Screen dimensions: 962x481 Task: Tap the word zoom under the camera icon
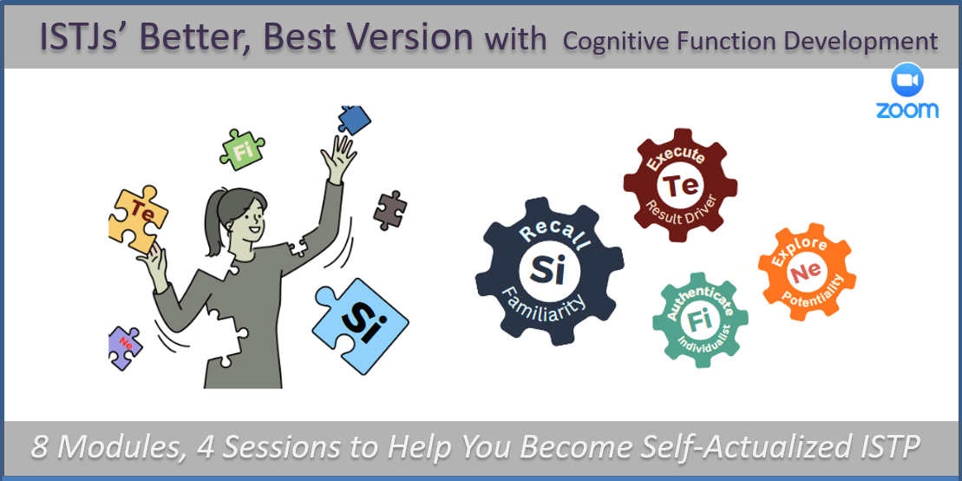tap(907, 109)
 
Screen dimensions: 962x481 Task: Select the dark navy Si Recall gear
tap(549, 272)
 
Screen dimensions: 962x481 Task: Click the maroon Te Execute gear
tap(680, 186)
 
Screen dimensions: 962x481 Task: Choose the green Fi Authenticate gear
tap(700, 320)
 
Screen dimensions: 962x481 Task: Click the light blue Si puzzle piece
tap(361, 326)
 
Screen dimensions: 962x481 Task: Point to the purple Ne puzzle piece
tap(125, 347)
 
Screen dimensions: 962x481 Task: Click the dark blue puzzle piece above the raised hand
tap(354, 119)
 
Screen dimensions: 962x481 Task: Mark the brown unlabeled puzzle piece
tap(389, 210)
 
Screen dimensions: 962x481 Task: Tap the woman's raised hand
tap(341, 158)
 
